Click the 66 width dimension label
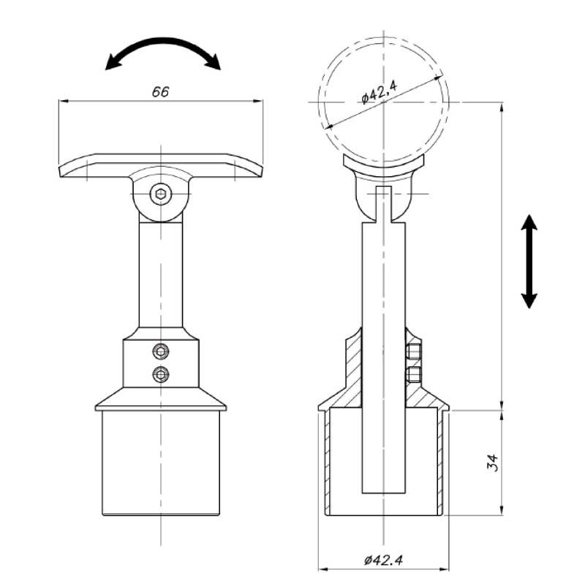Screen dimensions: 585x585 coord(160,92)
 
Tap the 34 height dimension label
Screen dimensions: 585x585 coord(492,463)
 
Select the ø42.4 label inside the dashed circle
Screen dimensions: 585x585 coord(380,93)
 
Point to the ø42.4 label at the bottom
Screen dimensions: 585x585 coord(383,560)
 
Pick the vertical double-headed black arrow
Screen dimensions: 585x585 coord(529,262)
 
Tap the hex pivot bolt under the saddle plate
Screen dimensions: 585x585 coord(161,194)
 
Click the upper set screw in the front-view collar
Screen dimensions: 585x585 coord(161,351)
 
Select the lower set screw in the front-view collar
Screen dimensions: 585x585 coord(161,374)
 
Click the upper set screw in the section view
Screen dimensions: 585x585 coord(414,351)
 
